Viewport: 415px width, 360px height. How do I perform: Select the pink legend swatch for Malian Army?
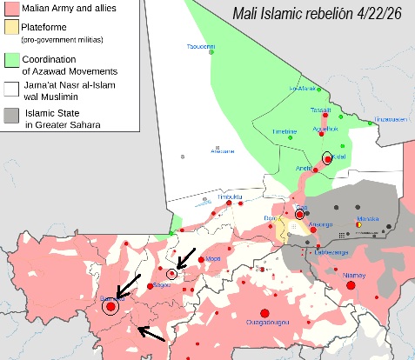(13, 9)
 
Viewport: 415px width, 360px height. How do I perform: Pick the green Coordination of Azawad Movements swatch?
(13, 60)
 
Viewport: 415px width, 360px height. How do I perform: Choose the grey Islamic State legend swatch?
(13, 116)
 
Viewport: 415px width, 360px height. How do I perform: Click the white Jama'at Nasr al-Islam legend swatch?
(13, 88)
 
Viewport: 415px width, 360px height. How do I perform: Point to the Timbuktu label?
(229, 197)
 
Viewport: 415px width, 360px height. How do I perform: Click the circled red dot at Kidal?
(327, 157)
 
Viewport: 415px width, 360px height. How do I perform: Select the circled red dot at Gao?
(299, 214)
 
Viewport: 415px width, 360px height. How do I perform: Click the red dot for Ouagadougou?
(266, 313)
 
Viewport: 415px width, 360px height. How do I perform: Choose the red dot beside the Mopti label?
(201, 259)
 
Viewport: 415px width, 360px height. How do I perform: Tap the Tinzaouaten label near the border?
(391, 119)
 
